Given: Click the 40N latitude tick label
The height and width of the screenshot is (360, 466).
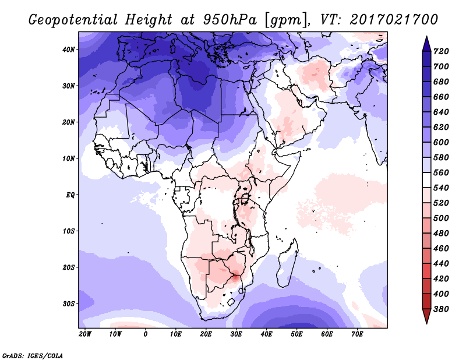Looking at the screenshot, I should coord(69,50).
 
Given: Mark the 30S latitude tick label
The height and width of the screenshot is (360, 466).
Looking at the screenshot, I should coord(69,303).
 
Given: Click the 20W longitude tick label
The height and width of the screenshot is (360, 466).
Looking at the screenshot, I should coord(85,334).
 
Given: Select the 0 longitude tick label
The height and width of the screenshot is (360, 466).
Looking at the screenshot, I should coord(146,334).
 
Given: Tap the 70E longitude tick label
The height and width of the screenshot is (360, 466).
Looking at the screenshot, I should coord(358,334).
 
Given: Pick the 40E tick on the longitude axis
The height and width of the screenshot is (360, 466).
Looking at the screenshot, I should coord(267,334).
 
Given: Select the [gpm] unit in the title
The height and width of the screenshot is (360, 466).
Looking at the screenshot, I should coord(284,19).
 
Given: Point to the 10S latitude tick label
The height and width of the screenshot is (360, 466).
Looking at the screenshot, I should coord(69,231).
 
